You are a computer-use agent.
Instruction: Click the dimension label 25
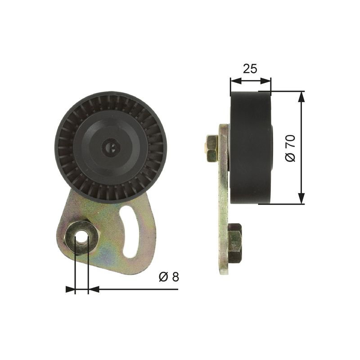(250, 68)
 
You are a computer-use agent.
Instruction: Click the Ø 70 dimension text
(290, 148)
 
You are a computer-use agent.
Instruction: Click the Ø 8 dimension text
(169, 277)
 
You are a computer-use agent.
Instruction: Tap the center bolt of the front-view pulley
(110, 147)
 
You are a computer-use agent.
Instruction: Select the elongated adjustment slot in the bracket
(131, 232)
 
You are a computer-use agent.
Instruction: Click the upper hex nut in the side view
(211, 148)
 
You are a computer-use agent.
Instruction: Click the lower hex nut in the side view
(234, 243)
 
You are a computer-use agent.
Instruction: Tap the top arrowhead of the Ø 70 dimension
(301, 96)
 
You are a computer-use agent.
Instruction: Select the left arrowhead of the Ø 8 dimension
(70, 289)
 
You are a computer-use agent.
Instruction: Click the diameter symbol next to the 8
(163, 277)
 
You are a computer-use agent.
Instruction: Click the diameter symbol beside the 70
(290, 157)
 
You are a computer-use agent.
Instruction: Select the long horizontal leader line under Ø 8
(135, 289)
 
